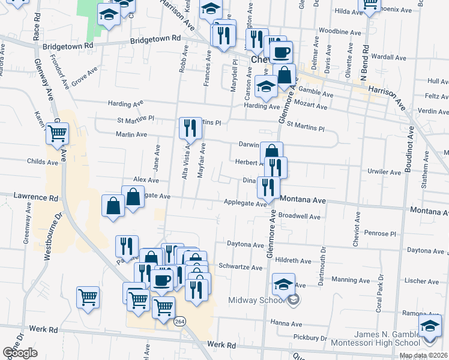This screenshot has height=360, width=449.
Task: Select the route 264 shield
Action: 179,322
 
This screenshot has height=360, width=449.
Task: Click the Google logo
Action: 20,353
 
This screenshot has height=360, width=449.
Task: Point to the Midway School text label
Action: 256,300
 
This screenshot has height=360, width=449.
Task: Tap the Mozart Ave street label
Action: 313,106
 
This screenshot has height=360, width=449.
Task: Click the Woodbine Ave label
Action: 340,31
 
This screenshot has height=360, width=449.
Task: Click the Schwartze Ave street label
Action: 241,267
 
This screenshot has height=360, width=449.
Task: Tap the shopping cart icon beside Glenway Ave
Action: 57,133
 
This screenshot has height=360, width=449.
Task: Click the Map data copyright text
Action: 423,355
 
